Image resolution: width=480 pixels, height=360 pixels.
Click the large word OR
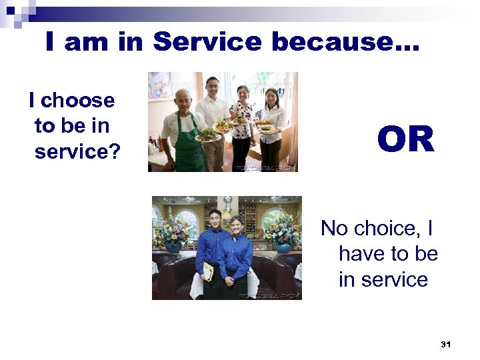(x=405, y=140)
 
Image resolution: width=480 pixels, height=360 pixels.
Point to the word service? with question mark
(x=77, y=152)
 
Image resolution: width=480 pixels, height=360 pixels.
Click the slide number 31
(x=446, y=345)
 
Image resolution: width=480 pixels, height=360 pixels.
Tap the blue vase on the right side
(x=284, y=247)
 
